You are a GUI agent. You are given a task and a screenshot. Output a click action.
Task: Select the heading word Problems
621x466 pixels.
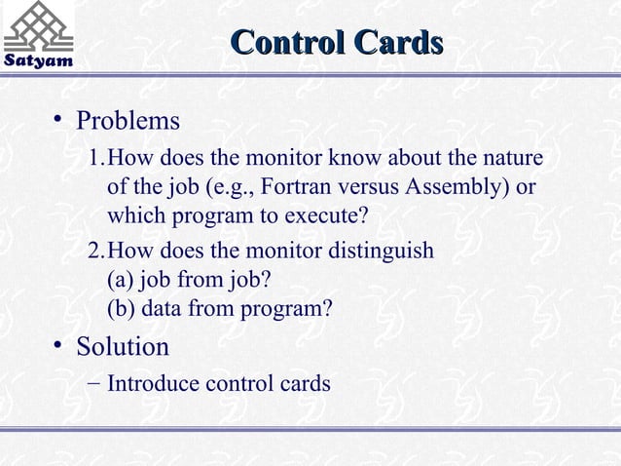128,122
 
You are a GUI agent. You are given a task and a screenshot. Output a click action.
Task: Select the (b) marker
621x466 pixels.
120,309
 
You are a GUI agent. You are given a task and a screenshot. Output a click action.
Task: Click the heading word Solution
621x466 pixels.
123,347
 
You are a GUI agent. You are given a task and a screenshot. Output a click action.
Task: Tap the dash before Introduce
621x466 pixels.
90,383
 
